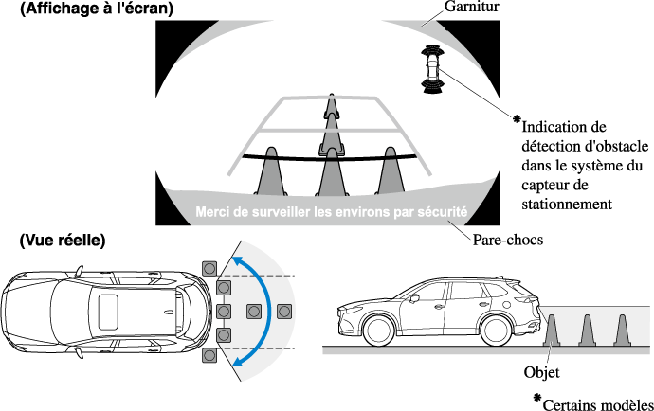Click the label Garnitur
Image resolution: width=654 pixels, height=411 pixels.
(x=471, y=9)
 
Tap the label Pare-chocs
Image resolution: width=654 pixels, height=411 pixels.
(x=507, y=240)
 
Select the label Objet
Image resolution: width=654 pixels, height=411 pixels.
(x=541, y=372)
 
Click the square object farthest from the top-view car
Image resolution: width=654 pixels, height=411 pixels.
(x=284, y=310)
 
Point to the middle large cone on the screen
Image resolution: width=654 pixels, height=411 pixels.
(x=331, y=170)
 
